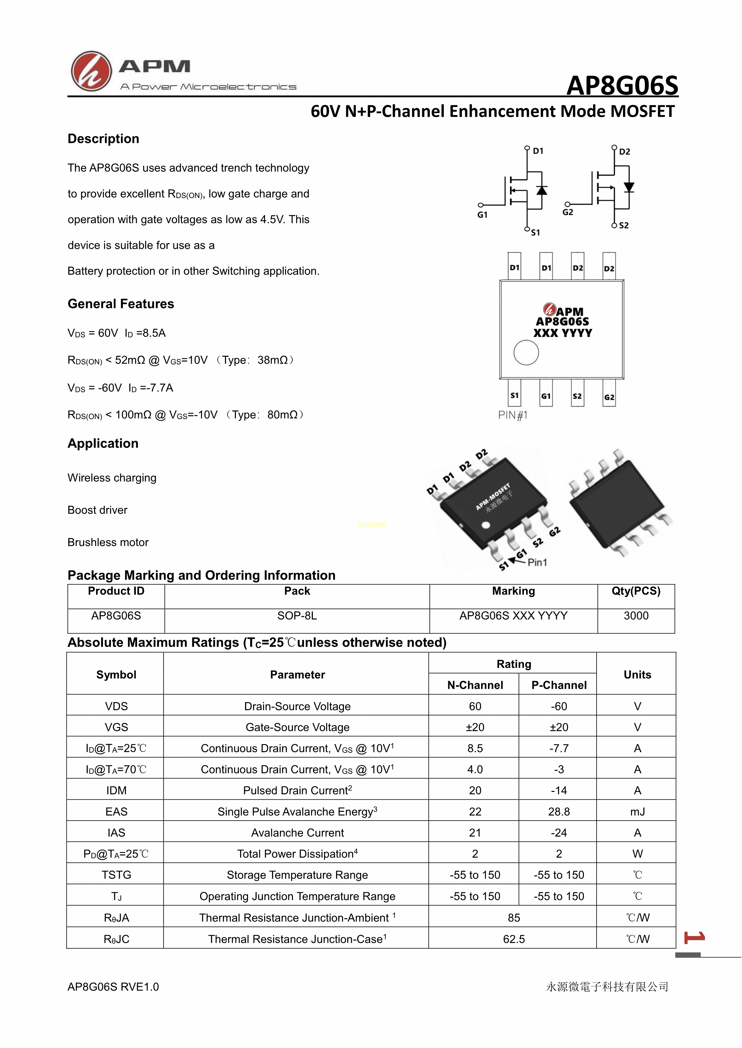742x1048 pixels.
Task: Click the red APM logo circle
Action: point(91,71)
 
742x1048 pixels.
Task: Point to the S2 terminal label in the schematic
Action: point(624,226)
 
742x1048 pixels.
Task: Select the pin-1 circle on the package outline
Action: point(526,353)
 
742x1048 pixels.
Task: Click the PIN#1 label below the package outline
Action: point(513,415)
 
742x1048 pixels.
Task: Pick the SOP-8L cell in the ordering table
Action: point(297,616)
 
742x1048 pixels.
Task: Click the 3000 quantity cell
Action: point(636,616)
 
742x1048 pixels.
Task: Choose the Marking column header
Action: point(513,591)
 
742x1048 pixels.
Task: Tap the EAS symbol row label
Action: point(116,812)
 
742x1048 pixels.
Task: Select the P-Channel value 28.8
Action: point(559,812)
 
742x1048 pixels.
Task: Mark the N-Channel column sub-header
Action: point(475,685)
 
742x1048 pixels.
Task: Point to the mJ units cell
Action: point(637,812)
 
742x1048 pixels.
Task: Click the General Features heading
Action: point(121,304)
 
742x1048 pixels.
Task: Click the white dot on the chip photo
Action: point(486,525)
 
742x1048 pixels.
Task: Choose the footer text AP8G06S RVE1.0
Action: point(113,987)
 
